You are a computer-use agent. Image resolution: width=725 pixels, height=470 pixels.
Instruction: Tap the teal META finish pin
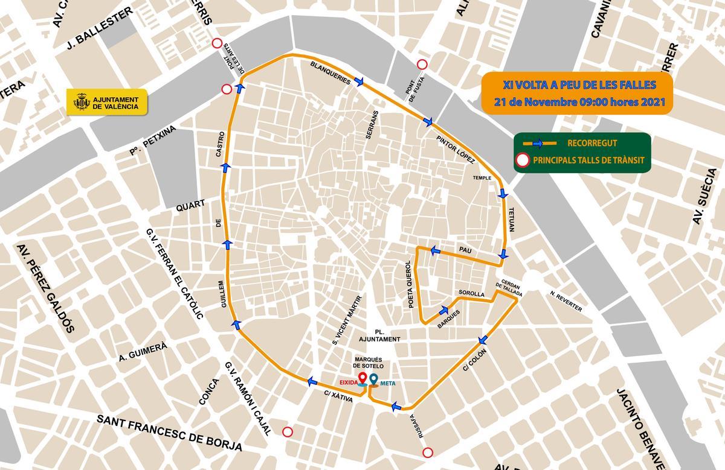tap(374, 379)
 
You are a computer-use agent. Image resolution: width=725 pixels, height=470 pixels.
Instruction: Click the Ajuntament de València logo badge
tap(106, 103)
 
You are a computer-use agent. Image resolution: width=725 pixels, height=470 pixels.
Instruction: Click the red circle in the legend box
tap(523, 160)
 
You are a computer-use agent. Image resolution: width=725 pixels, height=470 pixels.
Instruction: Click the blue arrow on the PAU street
tap(434, 250)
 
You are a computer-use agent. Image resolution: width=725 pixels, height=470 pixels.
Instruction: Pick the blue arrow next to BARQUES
tap(446, 310)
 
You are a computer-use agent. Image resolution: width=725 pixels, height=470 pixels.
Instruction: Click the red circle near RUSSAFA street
tap(428, 453)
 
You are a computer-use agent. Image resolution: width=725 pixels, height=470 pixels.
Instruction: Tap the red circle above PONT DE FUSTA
tap(422, 65)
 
